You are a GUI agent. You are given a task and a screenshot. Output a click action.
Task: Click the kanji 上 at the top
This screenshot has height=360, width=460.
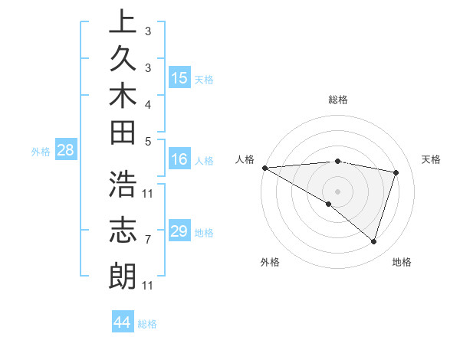coord(123,23)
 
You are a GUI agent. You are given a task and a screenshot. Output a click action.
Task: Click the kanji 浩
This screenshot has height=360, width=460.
coord(123,186)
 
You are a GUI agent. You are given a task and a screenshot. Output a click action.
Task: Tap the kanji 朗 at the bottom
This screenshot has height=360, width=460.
coord(123,275)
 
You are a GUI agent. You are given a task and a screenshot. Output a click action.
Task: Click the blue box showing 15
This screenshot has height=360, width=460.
coord(179,78)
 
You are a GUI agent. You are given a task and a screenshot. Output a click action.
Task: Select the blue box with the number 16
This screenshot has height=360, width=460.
coord(179,160)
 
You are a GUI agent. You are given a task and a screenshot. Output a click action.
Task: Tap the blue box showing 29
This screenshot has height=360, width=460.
coord(179,231)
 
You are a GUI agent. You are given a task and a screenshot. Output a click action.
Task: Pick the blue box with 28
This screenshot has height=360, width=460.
coord(66,151)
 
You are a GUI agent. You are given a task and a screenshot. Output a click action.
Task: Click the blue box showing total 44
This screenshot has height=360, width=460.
coord(123,322)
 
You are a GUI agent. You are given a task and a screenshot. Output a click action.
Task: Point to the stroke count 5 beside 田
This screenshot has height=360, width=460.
coord(148,140)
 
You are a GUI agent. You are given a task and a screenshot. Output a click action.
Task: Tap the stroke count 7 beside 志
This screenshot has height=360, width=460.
coord(148,240)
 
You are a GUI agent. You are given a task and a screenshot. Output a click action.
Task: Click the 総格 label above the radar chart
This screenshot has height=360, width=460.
coord(337,100)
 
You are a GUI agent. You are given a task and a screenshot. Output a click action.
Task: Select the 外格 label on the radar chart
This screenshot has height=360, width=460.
coord(269,263)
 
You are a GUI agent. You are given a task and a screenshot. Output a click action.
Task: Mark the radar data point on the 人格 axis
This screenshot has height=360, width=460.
coord(264,167)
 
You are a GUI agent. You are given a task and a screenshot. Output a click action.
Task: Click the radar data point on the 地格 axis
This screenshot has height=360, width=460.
coord(373,241)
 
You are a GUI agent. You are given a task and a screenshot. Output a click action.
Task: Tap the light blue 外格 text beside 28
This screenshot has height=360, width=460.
coord(41,152)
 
